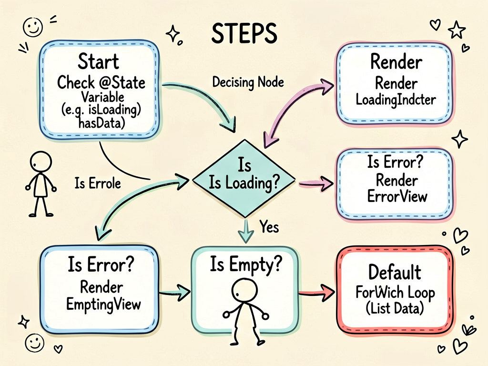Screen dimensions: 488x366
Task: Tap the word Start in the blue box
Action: coord(98,61)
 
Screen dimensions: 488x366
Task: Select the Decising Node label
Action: coord(248,82)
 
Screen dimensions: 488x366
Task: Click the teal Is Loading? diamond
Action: coord(244,179)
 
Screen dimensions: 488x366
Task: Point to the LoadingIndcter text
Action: coord(396,100)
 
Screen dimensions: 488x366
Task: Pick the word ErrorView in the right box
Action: coord(397,196)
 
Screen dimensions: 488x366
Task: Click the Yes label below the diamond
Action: coord(270,226)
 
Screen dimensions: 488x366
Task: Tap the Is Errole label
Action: coord(97,183)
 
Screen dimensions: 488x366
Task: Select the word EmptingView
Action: coord(103,304)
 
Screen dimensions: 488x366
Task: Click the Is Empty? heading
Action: coord(245,264)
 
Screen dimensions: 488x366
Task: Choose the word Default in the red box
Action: coord(395,272)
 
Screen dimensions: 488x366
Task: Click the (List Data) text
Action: coord(395,308)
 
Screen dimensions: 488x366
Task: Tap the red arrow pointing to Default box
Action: coord(317,293)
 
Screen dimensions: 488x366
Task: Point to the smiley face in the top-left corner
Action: coord(33,27)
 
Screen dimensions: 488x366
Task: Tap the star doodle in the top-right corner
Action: coord(457,30)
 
